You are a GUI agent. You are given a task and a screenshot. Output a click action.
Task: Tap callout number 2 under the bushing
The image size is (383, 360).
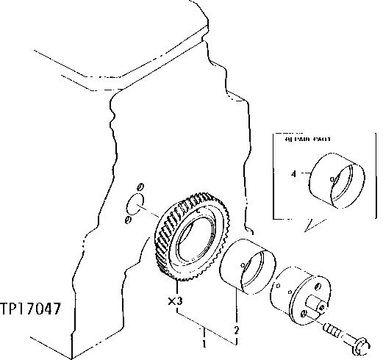[x=235, y=330]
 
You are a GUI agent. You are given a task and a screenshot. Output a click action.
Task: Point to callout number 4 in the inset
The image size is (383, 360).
[x=294, y=174]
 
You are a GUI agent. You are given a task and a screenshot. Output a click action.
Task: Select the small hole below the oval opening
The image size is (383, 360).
[x=128, y=220]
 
